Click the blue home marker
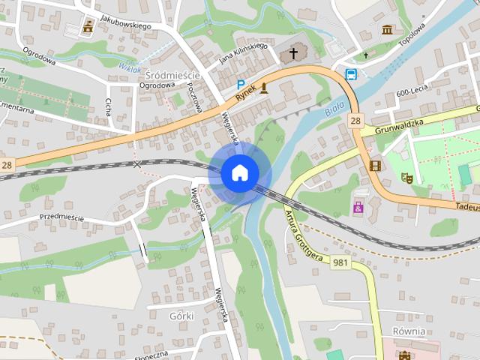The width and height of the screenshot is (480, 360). [x=239, y=172]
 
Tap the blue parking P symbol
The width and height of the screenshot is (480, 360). [x=241, y=85]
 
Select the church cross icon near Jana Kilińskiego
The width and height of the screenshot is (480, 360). [x=293, y=53]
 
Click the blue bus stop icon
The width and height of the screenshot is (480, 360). [x=350, y=73]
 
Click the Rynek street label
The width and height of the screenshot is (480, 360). [x=246, y=94]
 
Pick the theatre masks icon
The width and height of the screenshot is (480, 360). [x=407, y=178]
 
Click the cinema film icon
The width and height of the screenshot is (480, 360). [x=375, y=165]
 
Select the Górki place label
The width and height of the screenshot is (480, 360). [x=181, y=316]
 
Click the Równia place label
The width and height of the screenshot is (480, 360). [x=409, y=331]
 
